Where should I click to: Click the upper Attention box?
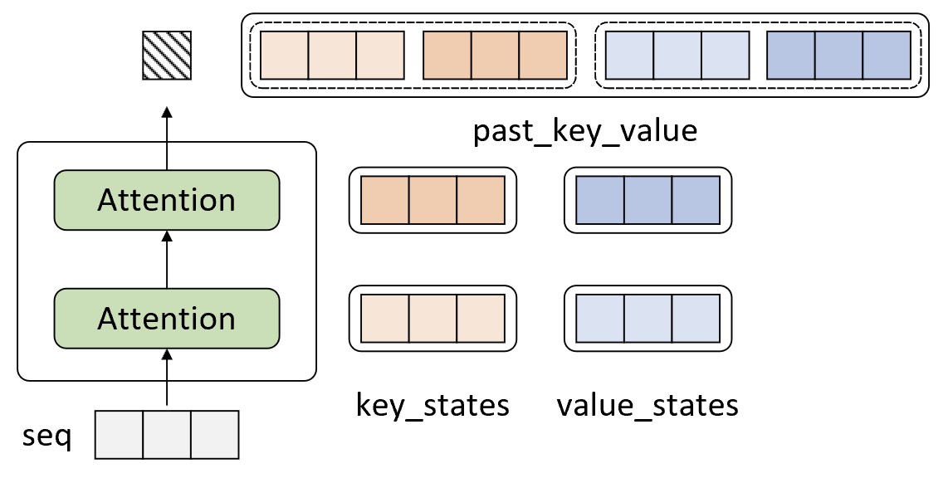coord(167,200)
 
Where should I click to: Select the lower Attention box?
coord(167,319)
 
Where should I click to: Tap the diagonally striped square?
coord(167,56)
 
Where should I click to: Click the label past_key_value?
coord(585,131)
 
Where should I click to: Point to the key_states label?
coord(432,405)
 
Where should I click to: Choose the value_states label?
coord(647,405)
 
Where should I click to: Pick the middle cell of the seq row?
coord(167,435)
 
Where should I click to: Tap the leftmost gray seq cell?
coord(119,435)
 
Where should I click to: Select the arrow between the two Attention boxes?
coord(167,259)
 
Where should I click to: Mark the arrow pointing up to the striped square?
coord(167,138)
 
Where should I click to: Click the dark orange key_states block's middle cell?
coord(432,200)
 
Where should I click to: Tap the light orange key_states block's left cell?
coord(385,319)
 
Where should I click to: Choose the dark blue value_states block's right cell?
coord(696,200)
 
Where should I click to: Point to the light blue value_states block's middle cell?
coord(648,319)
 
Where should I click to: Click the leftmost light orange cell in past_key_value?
coord(285,55)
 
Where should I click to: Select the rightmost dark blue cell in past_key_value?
coord(887,55)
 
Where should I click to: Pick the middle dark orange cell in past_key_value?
coord(495,55)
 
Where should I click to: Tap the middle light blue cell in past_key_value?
coord(677,55)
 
